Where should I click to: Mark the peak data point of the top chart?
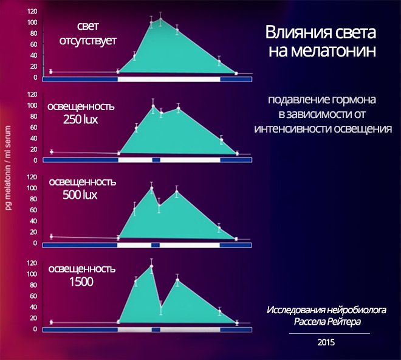pos(160,19)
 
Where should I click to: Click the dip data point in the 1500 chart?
pos(161,307)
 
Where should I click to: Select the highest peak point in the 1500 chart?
pos(151,266)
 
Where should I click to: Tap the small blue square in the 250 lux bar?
pos(156,159)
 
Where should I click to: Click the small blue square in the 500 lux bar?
pos(156,244)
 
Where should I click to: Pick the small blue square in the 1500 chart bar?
pos(156,329)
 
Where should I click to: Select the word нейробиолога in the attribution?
pos(352,309)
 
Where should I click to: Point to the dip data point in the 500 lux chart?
pos(159,206)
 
